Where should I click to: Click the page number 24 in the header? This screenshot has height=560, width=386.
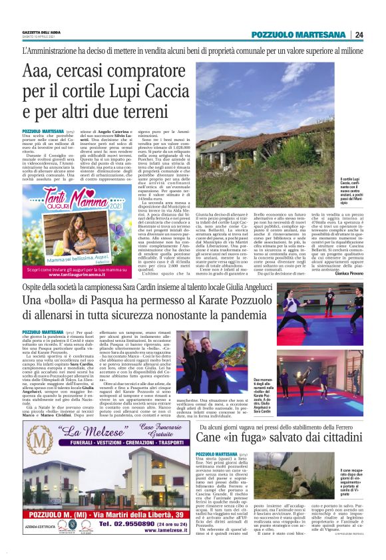tap(377, 35)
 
